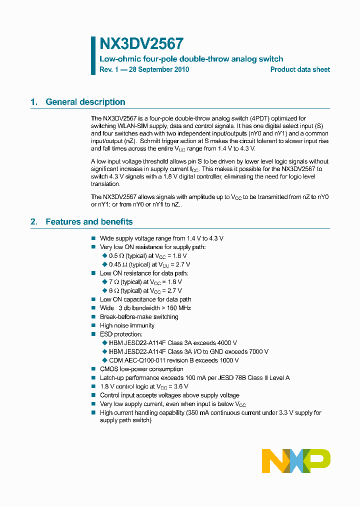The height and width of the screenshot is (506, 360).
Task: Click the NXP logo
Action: pos(296,461)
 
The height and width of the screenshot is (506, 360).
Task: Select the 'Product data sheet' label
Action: pos(300,70)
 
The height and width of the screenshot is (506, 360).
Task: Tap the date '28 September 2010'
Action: pos(159,70)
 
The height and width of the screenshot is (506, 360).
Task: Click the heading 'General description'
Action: pos(85,102)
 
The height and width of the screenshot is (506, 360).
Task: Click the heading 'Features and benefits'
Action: pos(89,222)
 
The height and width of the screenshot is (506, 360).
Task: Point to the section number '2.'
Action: pos(34,222)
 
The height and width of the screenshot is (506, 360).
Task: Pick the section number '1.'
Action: pos(34,102)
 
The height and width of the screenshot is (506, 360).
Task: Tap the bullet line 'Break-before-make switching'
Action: pos(139,317)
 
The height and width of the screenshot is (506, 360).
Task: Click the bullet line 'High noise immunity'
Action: pos(127,325)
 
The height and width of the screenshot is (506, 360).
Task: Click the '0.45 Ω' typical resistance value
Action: pos(118,264)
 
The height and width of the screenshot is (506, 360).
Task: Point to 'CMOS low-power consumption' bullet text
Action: pos(141,369)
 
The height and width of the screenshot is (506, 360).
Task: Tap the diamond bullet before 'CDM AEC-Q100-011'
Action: pos(105,360)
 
